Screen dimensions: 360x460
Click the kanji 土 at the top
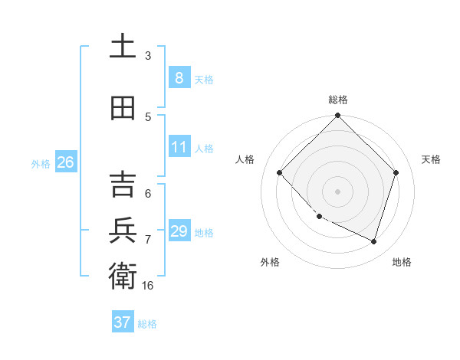(x=123, y=46)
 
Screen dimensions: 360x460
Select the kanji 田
(x=123, y=108)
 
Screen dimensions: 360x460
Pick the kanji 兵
(x=123, y=231)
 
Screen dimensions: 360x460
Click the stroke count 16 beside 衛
(x=148, y=285)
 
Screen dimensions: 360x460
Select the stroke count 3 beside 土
(x=148, y=55)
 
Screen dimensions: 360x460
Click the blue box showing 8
(x=179, y=78)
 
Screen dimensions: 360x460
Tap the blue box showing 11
(x=179, y=147)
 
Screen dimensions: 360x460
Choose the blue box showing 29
(x=179, y=231)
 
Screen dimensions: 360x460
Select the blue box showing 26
(x=65, y=162)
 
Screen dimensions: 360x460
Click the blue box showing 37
(x=122, y=322)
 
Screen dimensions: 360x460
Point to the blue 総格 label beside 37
(x=147, y=324)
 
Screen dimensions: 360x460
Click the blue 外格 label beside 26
(x=41, y=163)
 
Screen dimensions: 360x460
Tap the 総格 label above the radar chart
(x=337, y=100)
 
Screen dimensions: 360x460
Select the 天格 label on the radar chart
(x=431, y=159)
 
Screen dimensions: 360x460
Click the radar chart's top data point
(x=337, y=116)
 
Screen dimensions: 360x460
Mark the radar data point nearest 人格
(x=280, y=173)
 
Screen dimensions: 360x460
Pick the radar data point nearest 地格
(x=373, y=241)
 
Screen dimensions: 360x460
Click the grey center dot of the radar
(x=337, y=191)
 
